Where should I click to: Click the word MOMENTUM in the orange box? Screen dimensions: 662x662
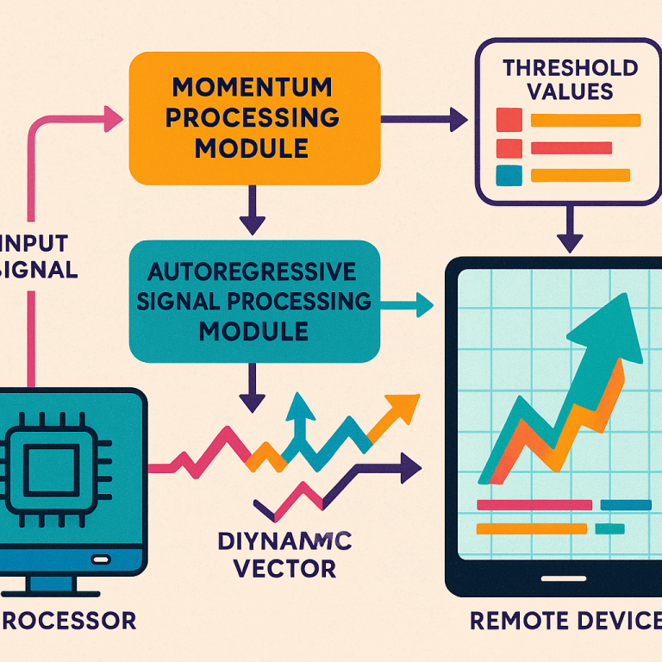[x=252, y=87]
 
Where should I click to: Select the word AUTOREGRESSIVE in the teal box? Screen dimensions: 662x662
[x=252, y=273]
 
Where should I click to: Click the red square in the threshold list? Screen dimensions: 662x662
[x=510, y=119]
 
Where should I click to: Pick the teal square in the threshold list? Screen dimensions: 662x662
[x=510, y=176]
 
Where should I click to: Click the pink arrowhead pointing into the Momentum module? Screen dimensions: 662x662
[x=112, y=119]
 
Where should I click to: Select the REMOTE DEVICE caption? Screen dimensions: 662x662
[x=565, y=620]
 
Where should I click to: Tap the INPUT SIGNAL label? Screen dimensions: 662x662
[x=39, y=255]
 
